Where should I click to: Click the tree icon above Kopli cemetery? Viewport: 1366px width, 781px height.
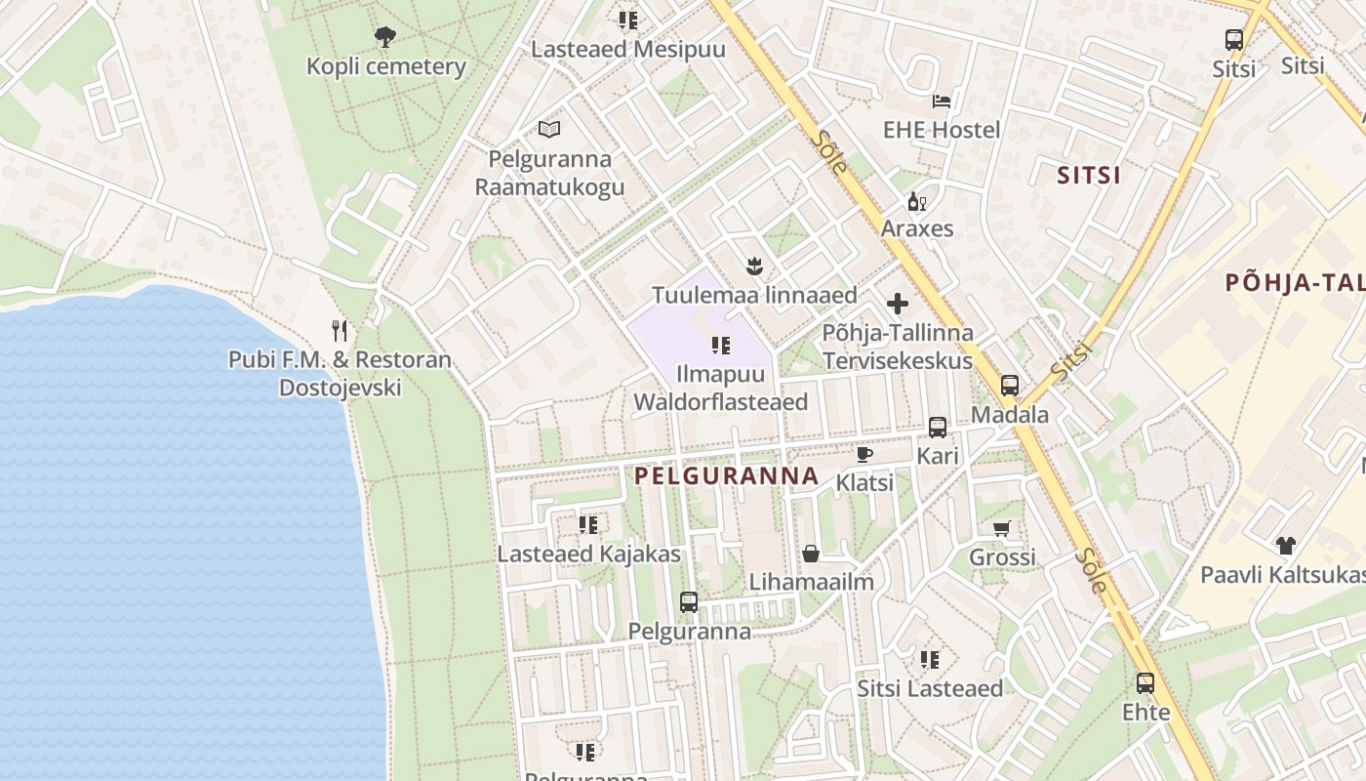point(385,38)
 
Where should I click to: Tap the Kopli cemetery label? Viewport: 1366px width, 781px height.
point(386,66)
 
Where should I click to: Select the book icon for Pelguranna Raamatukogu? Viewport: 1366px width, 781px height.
point(549,129)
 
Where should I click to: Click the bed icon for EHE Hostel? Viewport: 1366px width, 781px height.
point(942,102)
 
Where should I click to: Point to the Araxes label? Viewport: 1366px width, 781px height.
point(917,228)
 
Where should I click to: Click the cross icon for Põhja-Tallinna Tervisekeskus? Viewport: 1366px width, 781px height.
point(898,304)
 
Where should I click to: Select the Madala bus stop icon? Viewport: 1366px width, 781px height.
point(1010,386)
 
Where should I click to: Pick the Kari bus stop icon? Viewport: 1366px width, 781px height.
point(938,428)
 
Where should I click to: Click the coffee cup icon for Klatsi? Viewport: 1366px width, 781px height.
point(864,454)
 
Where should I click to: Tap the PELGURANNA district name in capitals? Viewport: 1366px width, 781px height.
point(726,476)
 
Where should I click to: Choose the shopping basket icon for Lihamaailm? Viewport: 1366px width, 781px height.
point(811,555)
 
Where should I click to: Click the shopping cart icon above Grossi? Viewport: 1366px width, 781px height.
point(1002,529)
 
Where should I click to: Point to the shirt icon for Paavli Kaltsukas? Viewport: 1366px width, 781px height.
point(1285,546)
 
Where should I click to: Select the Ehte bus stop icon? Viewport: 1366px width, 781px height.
point(1145,683)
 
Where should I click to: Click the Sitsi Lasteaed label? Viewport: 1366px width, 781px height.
point(930,688)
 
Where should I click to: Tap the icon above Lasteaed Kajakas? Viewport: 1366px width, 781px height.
point(588,525)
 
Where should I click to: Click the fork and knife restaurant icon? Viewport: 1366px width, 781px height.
point(340,331)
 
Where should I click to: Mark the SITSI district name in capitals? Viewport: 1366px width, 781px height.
point(1089,176)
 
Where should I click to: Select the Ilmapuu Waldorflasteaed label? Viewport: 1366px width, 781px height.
point(721,389)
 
